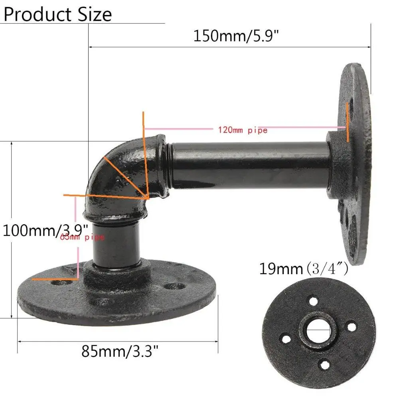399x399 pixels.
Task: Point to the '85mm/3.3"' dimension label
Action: click(x=120, y=351)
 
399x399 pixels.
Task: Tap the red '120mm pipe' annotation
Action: click(x=242, y=130)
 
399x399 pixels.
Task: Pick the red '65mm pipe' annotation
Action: click(x=82, y=238)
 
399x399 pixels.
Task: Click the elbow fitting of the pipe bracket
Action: click(x=120, y=180)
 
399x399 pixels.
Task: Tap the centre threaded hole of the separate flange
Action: click(x=319, y=331)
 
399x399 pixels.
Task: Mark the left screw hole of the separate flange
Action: click(x=286, y=339)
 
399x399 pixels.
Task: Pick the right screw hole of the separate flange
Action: click(x=352, y=327)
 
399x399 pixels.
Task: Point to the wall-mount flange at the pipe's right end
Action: click(x=353, y=160)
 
